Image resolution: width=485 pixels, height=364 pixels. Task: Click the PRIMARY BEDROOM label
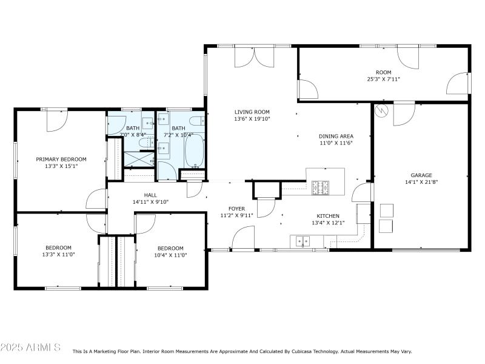(x=61, y=159)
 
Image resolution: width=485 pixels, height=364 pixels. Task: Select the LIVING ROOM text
(x=252, y=112)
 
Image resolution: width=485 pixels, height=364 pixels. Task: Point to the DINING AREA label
(x=336, y=136)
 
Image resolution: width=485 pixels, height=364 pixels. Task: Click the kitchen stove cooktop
(x=321, y=188)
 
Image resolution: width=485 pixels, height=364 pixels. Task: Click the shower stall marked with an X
(x=139, y=160)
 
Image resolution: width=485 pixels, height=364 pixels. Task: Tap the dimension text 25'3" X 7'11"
(x=383, y=79)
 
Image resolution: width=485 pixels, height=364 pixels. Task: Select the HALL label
(x=150, y=195)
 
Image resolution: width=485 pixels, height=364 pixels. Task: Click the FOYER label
(x=236, y=208)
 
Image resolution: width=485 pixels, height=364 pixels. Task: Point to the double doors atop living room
(x=255, y=56)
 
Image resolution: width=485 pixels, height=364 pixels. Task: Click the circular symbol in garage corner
(x=381, y=111)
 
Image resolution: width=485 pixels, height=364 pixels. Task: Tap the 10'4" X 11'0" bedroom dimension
(x=170, y=255)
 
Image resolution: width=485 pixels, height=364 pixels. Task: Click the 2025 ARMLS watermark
(x=30, y=348)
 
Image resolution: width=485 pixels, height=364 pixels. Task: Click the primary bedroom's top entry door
(x=57, y=120)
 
